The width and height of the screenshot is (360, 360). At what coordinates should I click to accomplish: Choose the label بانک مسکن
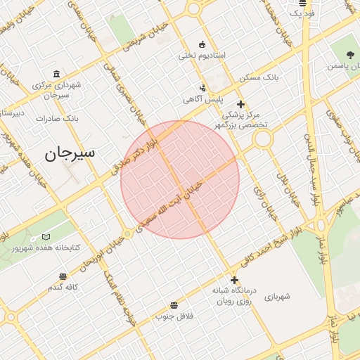pyautogui.click(x=259, y=77)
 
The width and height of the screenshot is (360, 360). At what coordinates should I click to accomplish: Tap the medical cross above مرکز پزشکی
pyautogui.click(x=241, y=104)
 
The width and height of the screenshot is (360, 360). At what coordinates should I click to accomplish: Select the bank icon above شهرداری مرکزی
pyautogui.click(x=57, y=75)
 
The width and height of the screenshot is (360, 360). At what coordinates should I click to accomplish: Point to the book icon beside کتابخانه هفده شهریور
pyautogui.click(x=46, y=238)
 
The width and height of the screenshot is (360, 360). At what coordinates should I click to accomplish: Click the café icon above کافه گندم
pyautogui.click(x=63, y=276)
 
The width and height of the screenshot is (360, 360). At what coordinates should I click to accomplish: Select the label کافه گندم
pyautogui.click(x=63, y=287)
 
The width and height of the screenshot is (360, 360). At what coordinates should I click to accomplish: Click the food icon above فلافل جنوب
pyautogui.click(x=174, y=304)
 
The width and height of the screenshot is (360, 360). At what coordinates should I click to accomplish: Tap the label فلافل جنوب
pyautogui.click(x=174, y=316)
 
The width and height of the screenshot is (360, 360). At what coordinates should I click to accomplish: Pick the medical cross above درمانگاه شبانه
pyautogui.click(x=234, y=280)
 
